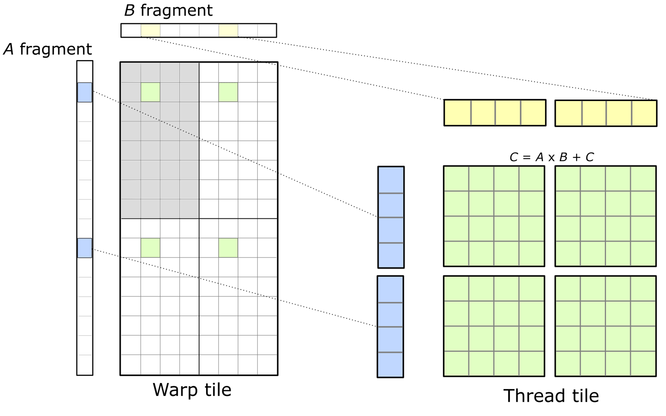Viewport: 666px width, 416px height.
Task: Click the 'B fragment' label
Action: pos(168,11)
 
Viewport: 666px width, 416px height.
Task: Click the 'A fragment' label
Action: pos(47,49)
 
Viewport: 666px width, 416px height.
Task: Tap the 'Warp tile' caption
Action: pos(192,390)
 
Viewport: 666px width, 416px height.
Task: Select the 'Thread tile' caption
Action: pos(551,396)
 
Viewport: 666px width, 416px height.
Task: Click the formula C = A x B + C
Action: pos(552,157)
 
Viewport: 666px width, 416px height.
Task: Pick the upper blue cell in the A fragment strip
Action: pos(85,92)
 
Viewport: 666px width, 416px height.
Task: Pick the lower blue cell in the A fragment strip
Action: pos(85,248)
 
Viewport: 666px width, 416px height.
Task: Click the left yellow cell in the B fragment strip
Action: pos(150,30)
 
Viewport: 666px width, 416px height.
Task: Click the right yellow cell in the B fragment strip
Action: pos(228,30)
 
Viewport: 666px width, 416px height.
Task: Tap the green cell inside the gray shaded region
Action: pos(150,92)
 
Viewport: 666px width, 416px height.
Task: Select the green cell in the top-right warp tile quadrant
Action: pos(228,92)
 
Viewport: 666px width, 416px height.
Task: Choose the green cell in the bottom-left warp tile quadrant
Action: pos(150,248)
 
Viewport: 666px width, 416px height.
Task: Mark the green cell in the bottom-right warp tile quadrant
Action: pos(228,248)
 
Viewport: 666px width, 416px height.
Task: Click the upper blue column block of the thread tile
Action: pos(391,217)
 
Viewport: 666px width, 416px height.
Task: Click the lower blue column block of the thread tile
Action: pos(390,327)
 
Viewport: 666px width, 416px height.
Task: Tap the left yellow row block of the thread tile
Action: pos(495,113)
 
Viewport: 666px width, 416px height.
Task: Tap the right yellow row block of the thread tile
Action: pos(606,113)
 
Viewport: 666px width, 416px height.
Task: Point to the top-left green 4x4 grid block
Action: pos(494,216)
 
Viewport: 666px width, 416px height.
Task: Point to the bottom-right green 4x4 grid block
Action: pos(606,326)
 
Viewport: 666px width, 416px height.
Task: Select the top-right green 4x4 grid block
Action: pos(606,216)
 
